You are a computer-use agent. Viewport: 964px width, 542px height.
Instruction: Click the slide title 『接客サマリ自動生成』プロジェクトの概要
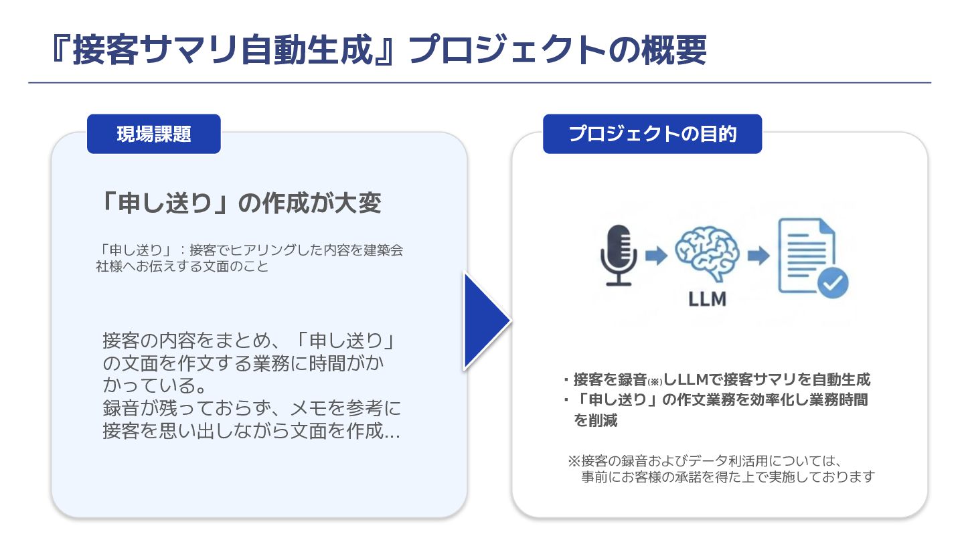[x=378, y=50]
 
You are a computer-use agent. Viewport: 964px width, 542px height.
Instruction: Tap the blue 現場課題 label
[x=154, y=134]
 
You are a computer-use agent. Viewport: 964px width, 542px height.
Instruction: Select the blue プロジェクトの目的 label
[x=652, y=134]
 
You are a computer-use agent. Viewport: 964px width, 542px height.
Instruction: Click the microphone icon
[x=618, y=256]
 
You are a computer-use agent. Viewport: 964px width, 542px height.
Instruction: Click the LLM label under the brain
[x=707, y=298]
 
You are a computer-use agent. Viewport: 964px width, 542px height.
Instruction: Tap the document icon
[x=807, y=256]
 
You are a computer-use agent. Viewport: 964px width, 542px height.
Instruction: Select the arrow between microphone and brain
[x=657, y=255]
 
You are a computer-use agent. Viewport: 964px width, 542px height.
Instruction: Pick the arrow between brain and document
[x=758, y=255]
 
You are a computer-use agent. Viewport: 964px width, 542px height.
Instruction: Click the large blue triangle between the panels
[x=487, y=321]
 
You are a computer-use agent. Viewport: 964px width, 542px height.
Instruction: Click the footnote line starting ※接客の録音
[x=703, y=460]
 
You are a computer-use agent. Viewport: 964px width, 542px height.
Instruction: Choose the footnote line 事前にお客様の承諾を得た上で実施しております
[x=728, y=477]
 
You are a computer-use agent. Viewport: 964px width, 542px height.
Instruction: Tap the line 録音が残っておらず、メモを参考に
[x=252, y=408]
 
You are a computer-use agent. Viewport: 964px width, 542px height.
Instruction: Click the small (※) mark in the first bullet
[x=655, y=381]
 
